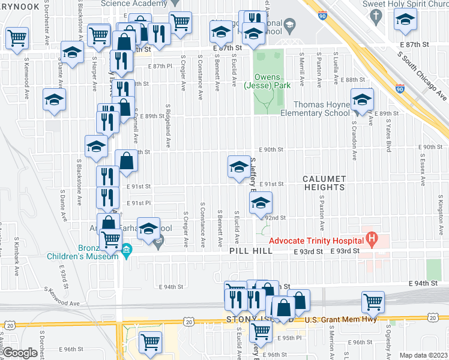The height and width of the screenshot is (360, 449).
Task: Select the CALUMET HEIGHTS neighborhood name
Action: [324, 183]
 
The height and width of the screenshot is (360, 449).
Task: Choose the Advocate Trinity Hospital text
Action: [316, 241]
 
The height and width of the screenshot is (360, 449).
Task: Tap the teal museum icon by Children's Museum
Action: [127, 250]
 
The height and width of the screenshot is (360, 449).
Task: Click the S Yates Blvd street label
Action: [389, 135]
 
